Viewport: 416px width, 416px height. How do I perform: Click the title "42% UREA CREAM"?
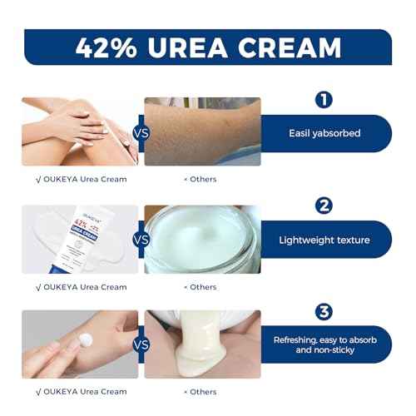click(x=208, y=47)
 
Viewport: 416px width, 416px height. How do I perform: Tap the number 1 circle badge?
click(x=324, y=101)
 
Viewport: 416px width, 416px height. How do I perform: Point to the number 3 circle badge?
click(x=324, y=312)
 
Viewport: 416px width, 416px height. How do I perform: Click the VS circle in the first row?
click(x=141, y=133)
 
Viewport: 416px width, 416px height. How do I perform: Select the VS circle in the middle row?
click(x=141, y=240)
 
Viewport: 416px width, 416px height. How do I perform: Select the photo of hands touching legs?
click(x=79, y=131)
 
